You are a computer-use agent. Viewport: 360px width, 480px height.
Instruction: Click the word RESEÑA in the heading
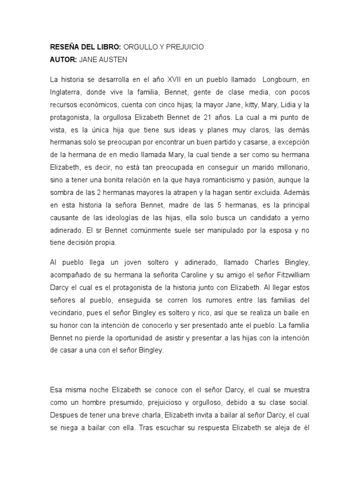click(64, 47)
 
